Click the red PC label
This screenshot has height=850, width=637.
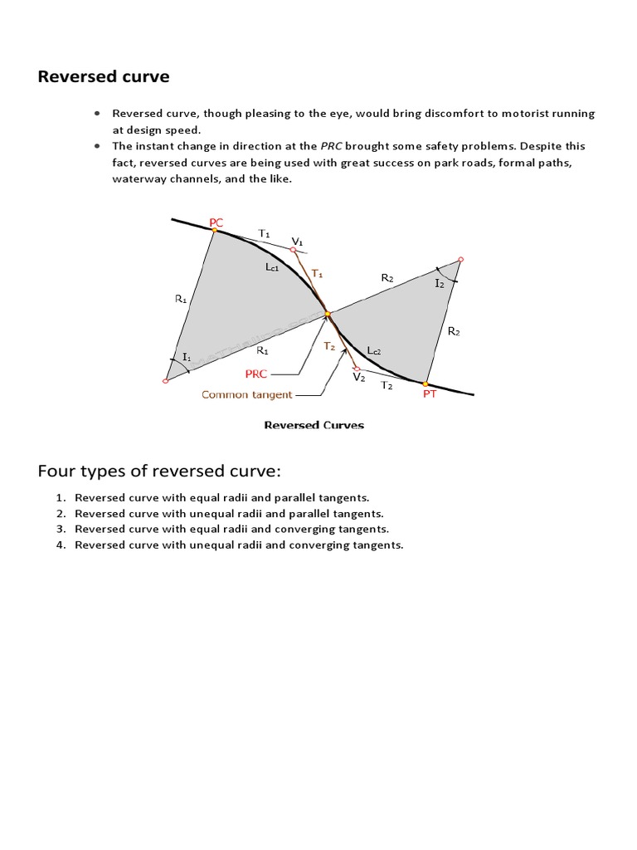coord(216,222)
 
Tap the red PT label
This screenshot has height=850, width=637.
coord(430,394)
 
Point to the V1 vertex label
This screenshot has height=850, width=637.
coord(297,241)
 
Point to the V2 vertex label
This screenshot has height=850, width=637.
coord(358,377)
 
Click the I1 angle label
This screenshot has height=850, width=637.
coord(187,357)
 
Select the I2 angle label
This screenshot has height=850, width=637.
coord(440,283)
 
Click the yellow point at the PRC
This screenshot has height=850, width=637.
coord(328,314)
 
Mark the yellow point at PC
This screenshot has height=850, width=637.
coord(215,230)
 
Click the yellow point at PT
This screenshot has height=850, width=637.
coord(425,384)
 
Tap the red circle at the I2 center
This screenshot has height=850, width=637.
coord(460,259)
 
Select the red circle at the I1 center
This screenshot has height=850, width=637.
coord(166,381)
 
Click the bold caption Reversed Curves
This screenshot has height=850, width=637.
coord(314,425)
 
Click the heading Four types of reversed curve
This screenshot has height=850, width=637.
coord(159,471)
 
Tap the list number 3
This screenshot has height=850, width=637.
coord(61,529)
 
